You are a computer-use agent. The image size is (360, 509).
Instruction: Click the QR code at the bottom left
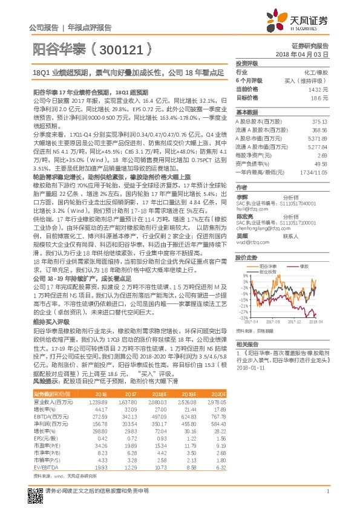point(32,493)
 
